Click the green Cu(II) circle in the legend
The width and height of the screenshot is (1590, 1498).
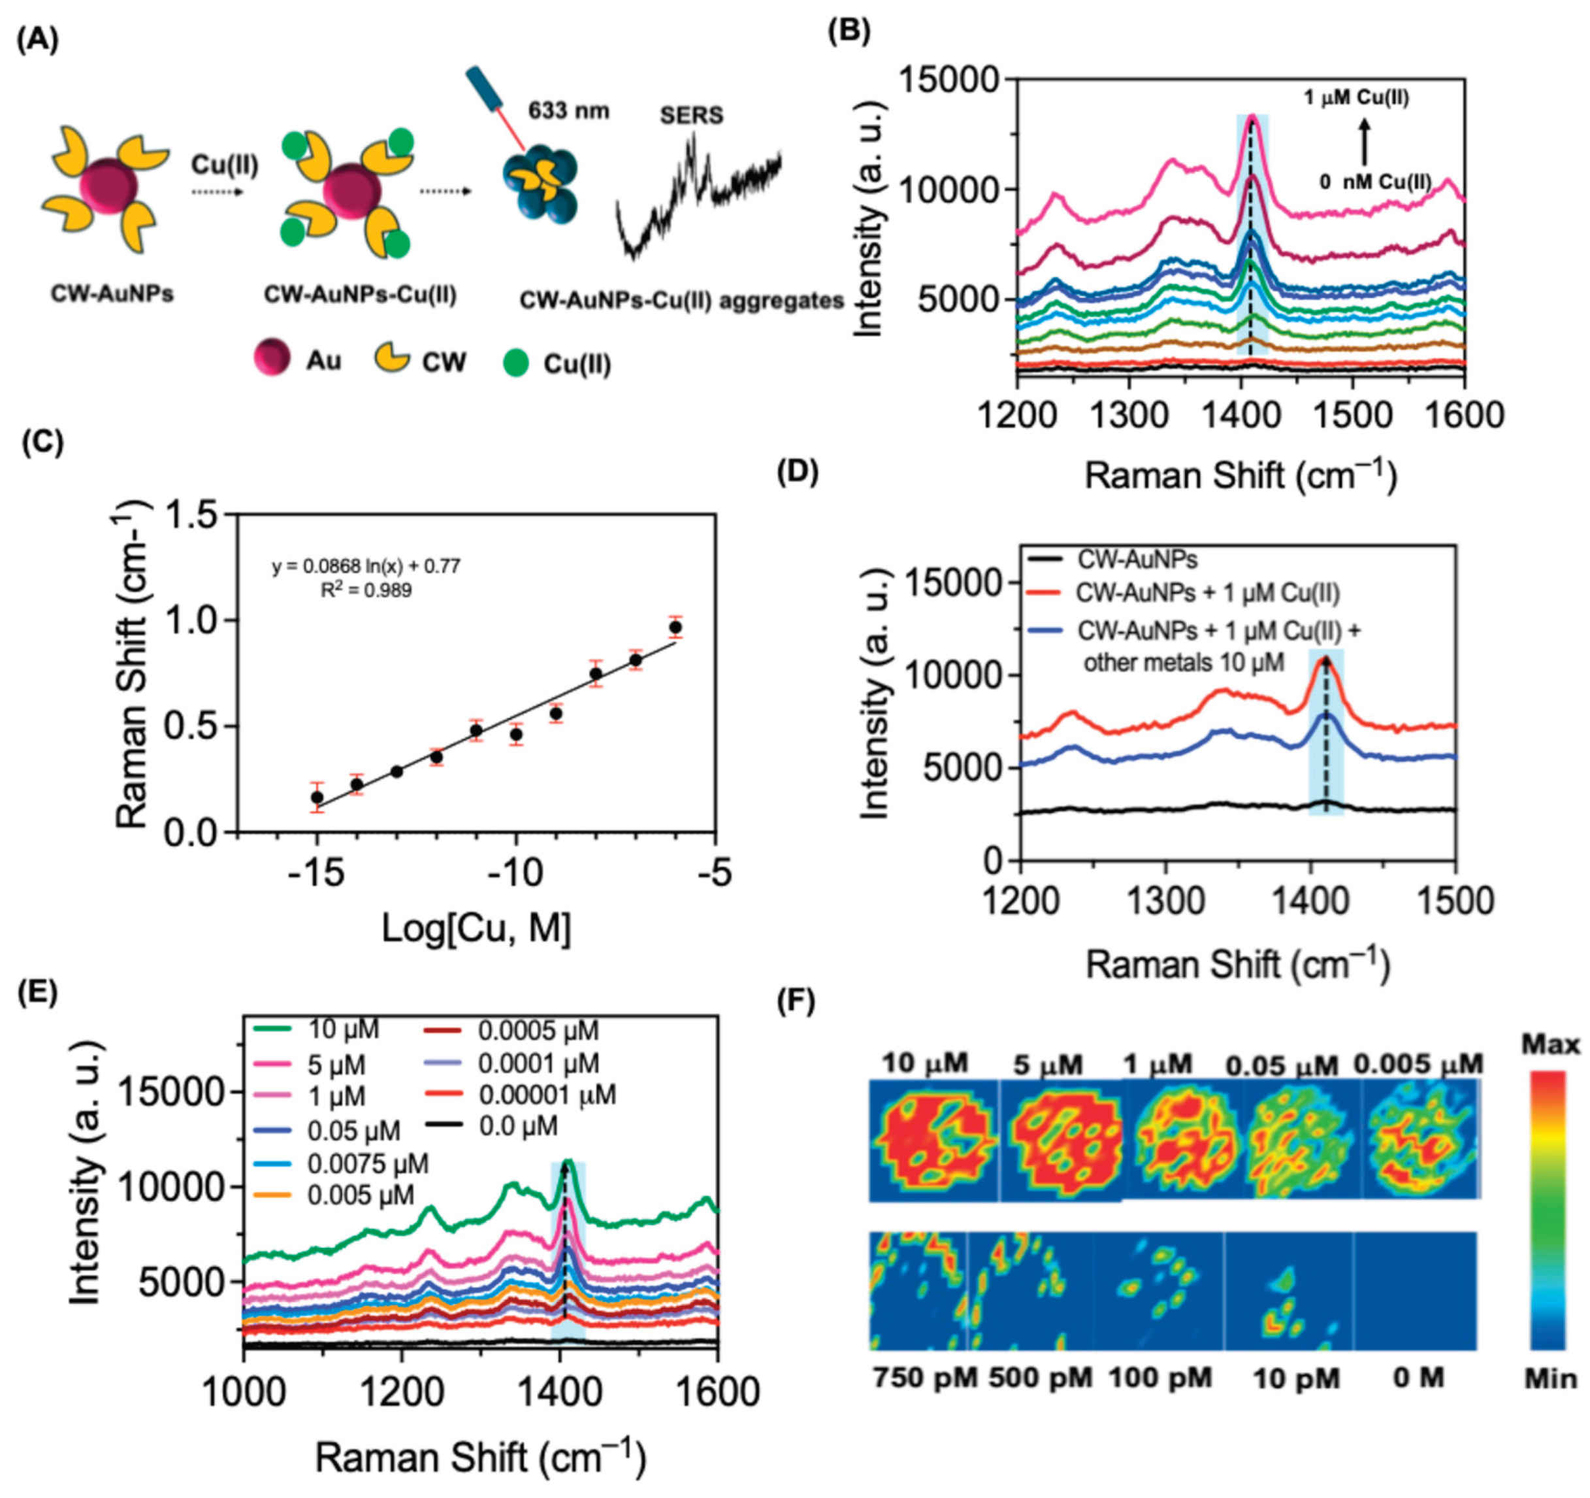point(517,364)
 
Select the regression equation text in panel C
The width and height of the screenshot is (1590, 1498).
point(366,567)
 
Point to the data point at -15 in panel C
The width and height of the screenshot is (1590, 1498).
point(317,797)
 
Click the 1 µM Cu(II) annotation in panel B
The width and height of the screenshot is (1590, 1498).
point(1356,99)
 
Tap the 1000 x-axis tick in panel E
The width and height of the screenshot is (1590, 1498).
point(243,1393)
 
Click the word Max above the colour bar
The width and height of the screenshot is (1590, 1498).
point(1550,1044)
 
